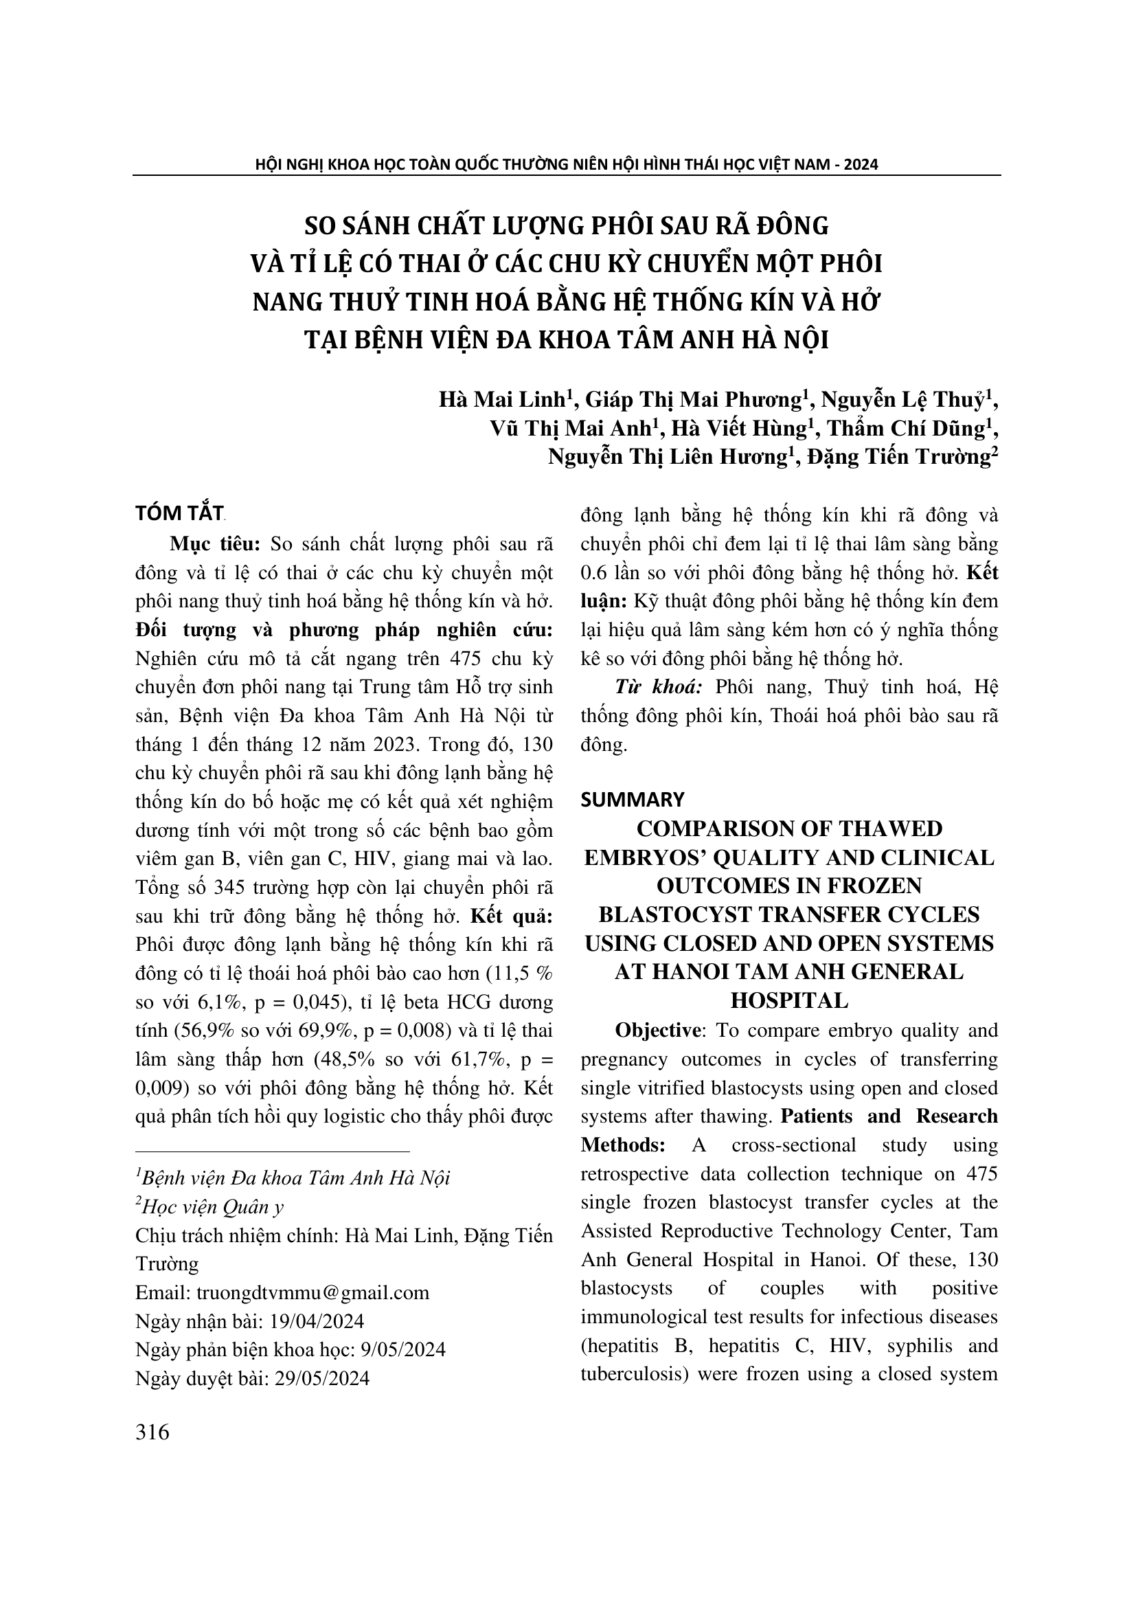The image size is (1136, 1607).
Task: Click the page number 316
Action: (152, 1432)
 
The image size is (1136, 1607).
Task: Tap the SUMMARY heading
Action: (633, 799)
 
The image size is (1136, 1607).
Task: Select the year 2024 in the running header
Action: (861, 164)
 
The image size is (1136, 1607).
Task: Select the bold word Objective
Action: (657, 1031)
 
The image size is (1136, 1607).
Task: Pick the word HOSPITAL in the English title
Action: (788, 1001)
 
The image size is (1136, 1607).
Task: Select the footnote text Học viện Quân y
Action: (213, 1206)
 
